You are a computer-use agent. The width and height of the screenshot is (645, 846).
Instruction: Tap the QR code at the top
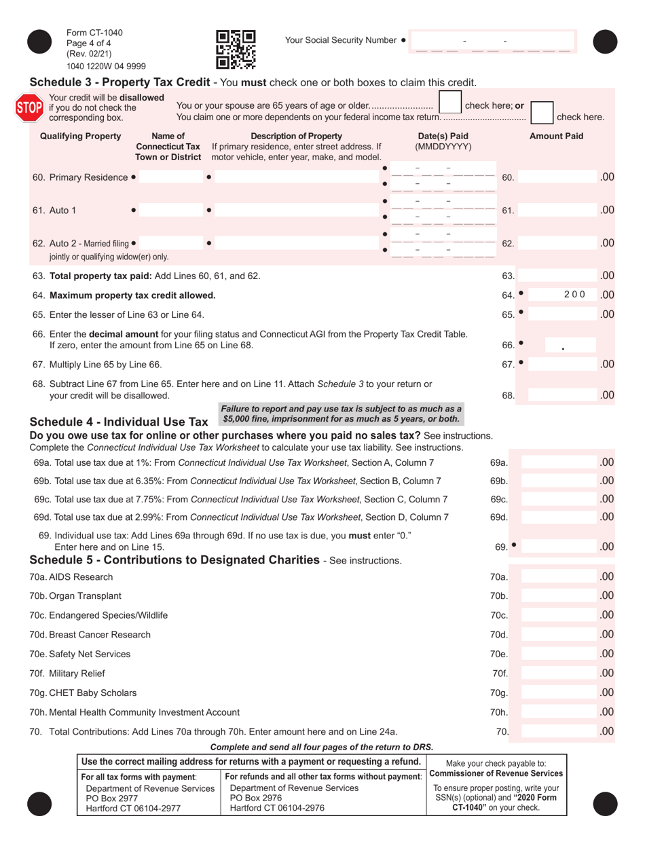coord(235,50)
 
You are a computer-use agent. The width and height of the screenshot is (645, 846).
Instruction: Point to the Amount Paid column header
coord(556,136)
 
